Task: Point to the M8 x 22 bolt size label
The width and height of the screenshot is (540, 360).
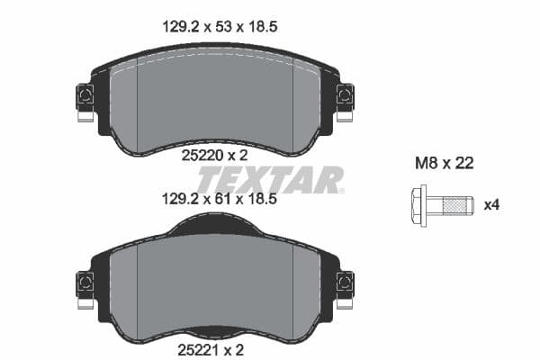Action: [444, 164]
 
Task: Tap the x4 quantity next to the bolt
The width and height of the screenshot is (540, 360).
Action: [490, 205]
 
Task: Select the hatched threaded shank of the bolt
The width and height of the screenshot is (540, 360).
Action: [456, 205]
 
